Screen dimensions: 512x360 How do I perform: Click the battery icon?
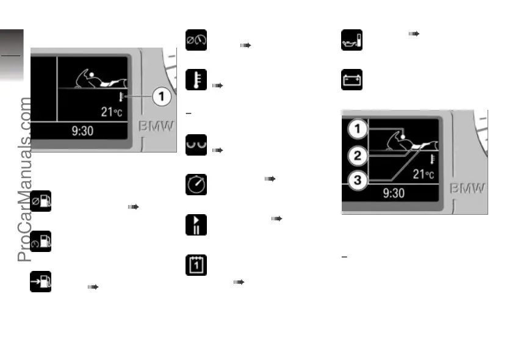pyautogui.click(x=351, y=79)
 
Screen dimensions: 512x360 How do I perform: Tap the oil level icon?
pyautogui.click(x=351, y=40)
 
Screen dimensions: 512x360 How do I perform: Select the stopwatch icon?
pyautogui.click(x=196, y=184)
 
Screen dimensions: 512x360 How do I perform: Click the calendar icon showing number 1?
pyautogui.click(x=196, y=265)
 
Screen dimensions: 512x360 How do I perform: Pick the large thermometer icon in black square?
pyautogui.click(x=196, y=79)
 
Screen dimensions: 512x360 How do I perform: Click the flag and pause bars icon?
pyautogui.click(x=196, y=225)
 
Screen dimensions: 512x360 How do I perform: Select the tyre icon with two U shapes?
pyautogui.click(x=196, y=144)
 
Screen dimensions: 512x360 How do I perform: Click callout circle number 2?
pyautogui.click(x=358, y=156)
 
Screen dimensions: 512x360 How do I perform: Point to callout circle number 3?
pyautogui.click(x=358, y=180)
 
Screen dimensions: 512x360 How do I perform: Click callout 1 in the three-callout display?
pyautogui.click(x=358, y=129)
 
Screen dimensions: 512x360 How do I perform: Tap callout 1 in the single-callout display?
pyautogui.click(x=162, y=96)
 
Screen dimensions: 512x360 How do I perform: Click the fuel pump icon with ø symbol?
pyautogui.click(x=41, y=201)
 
